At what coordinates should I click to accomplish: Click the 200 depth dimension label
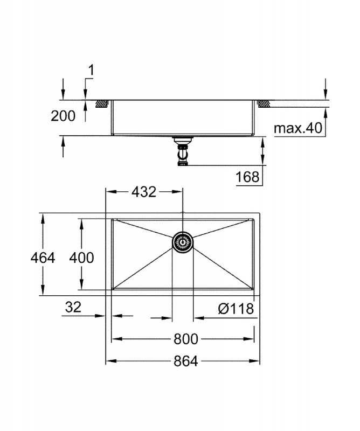(x=63, y=116)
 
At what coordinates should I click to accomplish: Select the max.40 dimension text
(x=298, y=128)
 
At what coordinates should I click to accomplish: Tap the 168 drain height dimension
(x=247, y=177)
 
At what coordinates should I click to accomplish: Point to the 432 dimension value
(x=144, y=192)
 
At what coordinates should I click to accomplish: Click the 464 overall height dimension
(x=43, y=258)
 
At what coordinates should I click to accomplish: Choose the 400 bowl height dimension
(x=81, y=258)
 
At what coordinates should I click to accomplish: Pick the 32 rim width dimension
(x=73, y=307)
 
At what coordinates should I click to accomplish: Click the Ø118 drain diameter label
(x=236, y=309)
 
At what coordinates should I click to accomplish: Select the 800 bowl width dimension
(x=185, y=339)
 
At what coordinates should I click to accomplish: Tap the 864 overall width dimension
(x=185, y=361)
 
